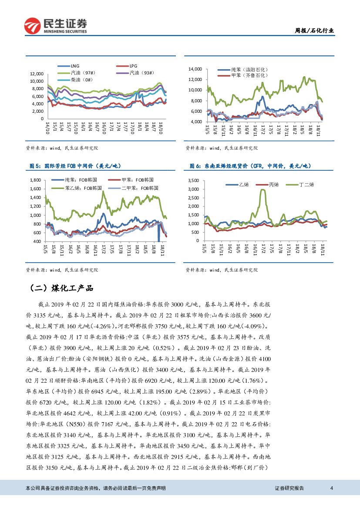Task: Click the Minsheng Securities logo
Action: click(x=56, y=26)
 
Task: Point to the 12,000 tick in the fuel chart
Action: click(x=37, y=74)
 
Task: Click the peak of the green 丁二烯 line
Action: click(x=262, y=189)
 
